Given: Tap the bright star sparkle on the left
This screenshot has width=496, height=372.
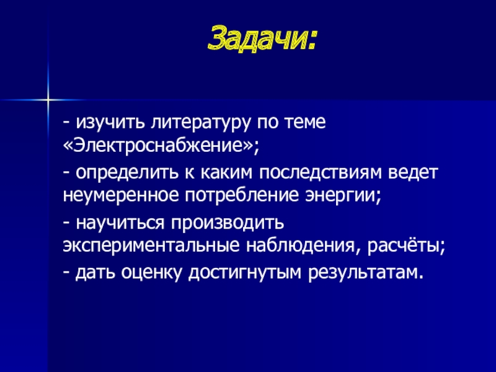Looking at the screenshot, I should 47,98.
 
